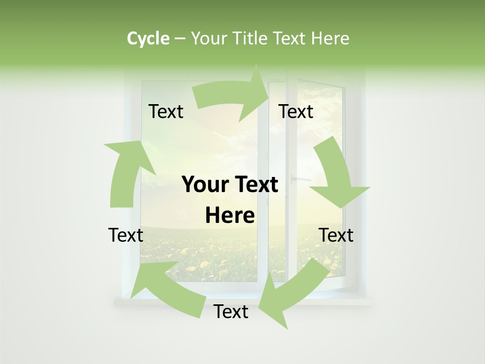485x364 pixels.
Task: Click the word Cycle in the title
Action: [x=148, y=38]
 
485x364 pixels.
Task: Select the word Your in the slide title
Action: [x=210, y=38]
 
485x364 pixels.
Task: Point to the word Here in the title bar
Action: [x=329, y=38]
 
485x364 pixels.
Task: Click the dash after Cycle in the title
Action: [x=180, y=38]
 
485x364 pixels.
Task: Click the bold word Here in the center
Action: [x=230, y=215]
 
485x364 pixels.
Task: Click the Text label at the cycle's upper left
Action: [x=166, y=112]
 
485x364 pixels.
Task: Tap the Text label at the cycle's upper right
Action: [x=296, y=112]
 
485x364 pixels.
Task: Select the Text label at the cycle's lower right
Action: [x=336, y=235]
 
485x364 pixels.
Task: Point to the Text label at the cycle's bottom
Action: [x=231, y=311]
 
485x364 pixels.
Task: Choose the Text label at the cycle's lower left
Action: [x=126, y=235]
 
